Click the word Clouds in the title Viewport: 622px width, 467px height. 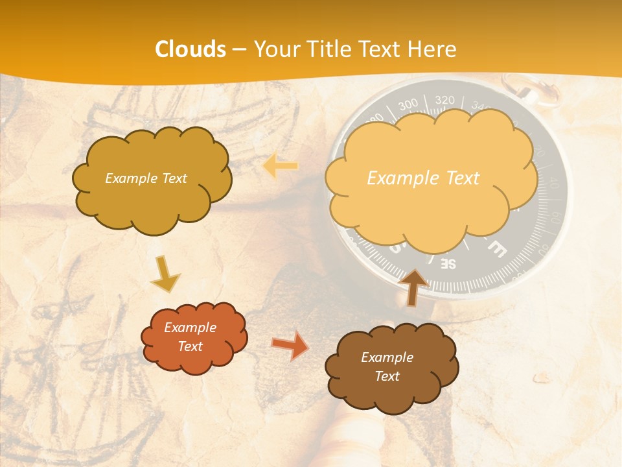pyautogui.click(x=190, y=49)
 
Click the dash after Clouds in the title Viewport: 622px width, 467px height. pyautogui.click(x=239, y=50)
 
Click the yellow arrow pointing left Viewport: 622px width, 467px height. pyautogui.click(x=281, y=166)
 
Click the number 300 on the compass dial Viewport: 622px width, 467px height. pyautogui.click(x=408, y=105)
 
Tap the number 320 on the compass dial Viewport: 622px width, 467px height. pyautogui.click(x=444, y=100)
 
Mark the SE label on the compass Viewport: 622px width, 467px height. pyautogui.click(x=448, y=264)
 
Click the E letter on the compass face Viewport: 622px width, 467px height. pyautogui.click(x=496, y=248)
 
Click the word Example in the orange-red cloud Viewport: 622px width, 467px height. pyautogui.click(x=190, y=328)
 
